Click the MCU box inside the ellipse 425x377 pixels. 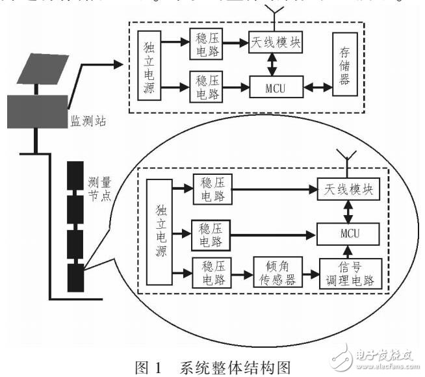[x=346, y=232]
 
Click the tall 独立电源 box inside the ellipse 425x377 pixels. [x=159, y=232]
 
